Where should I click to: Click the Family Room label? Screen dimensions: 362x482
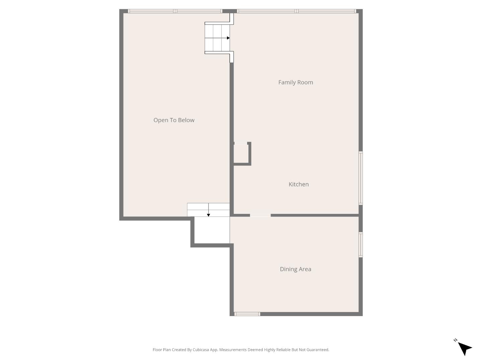pos(296,82)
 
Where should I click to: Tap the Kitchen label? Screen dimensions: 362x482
pos(299,184)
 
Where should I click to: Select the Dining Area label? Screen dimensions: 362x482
pos(296,269)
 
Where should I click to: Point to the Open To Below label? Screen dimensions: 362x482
pos(174,120)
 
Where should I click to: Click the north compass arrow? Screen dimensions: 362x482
pos(464,348)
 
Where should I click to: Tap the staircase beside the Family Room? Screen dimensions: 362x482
pos(218,38)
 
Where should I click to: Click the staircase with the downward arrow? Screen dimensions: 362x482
pos(208,210)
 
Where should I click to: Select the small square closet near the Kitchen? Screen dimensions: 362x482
pos(241,154)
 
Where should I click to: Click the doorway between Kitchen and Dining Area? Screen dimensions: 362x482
pos(260,215)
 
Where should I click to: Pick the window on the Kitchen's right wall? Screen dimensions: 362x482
pos(360,178)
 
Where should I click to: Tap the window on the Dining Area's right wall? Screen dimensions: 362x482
pos(360,245)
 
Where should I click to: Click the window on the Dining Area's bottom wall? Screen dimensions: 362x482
pos(247,314)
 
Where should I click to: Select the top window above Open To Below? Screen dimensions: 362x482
pos(175,11)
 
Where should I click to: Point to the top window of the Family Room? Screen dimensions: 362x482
pos(296,11)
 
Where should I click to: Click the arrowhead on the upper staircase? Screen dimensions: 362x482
pos(228,38)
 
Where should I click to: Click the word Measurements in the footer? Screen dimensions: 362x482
pos(233,350)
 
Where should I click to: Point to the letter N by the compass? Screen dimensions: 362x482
pos(456,340)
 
